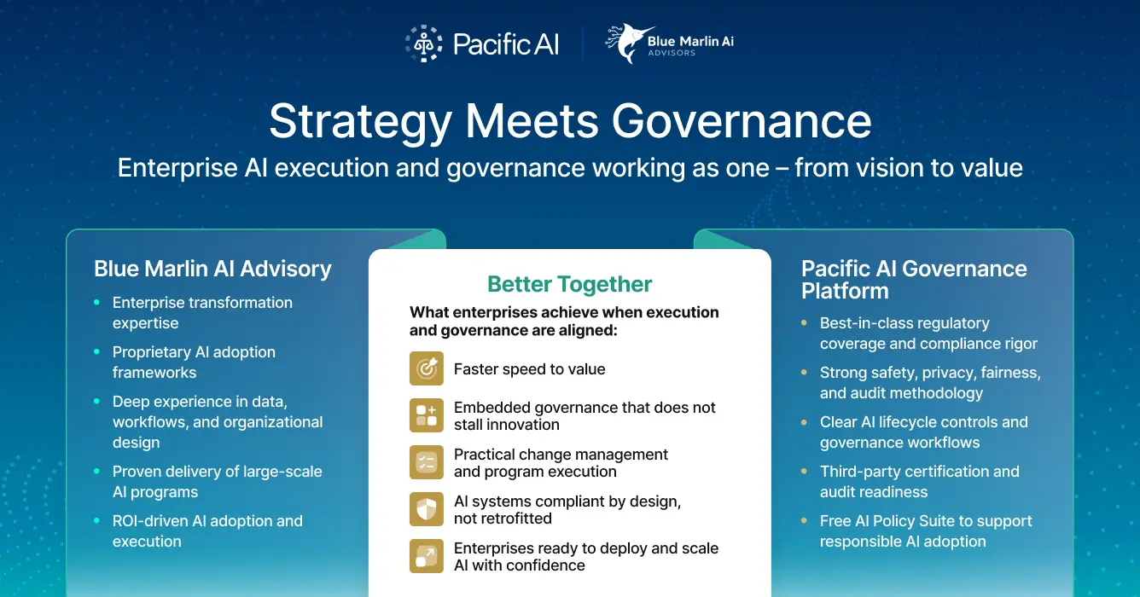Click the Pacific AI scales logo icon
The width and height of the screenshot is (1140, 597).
pos(423,43)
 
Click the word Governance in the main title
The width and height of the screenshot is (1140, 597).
pos(742,121)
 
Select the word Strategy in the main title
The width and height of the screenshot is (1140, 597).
pos(360,121)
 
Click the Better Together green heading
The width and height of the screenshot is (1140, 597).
pos(569,284)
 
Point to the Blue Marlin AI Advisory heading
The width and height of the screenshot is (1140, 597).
pos(212,269)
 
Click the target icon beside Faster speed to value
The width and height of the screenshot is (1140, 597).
pos(426,368)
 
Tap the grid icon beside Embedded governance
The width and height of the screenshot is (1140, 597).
pos(426,415)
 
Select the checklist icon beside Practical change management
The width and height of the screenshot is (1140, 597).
pos(426,462)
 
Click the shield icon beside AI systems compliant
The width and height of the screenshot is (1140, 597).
pos(426,509)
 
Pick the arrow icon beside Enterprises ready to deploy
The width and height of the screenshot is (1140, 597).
pos(426,556)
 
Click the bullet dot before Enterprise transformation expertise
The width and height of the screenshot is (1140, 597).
pos(97,303)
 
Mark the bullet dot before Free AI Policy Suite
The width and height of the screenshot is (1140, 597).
pos(805,521)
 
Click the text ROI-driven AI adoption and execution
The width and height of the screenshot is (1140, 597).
pos(207,530)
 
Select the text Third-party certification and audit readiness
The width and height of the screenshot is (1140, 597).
pos(919,481)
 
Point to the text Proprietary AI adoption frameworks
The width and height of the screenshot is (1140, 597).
pos(194,362)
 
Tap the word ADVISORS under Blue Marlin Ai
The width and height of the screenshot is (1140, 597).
pos(672,53)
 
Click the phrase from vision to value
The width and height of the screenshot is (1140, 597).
pos(908,167)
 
